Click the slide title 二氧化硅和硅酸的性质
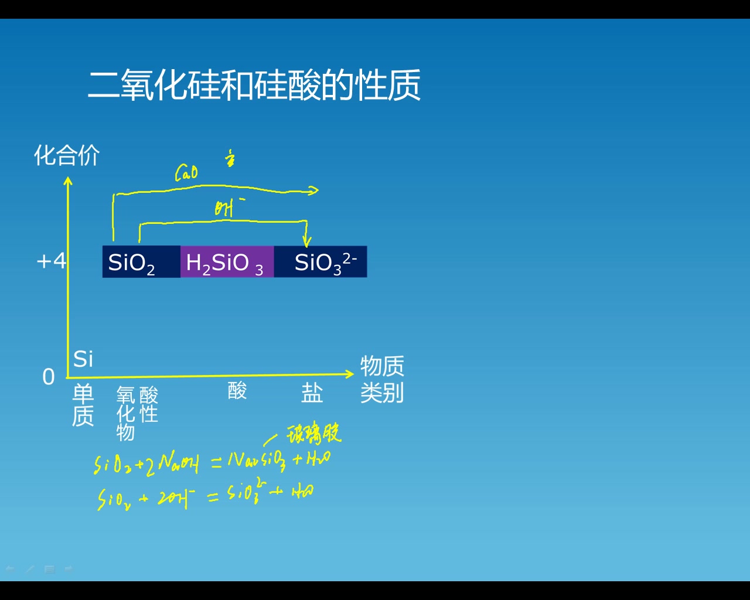(254, 86)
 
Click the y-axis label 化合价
(67, 155)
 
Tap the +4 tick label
(52, 261)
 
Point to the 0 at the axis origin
(49, 377)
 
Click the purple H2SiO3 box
(226, 262)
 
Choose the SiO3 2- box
(321, 262)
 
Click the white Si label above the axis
(83, 359)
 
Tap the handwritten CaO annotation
(186, 173)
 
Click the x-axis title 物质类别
(381, 379)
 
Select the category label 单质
(83, 405)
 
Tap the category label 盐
(312, 393)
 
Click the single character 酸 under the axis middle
(237, 390)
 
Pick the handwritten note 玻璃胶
(313, 434)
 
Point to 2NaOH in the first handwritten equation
(173, 465)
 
